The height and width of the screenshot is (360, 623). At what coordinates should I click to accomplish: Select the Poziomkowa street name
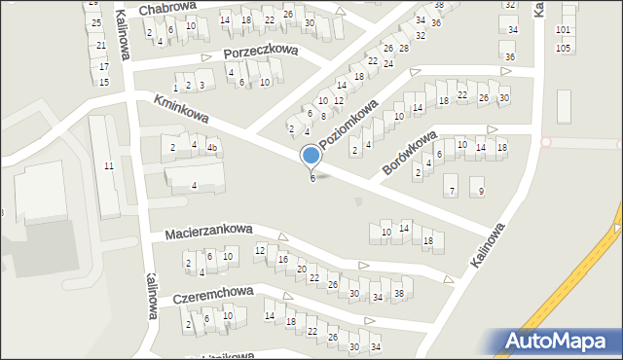tap(348, 125)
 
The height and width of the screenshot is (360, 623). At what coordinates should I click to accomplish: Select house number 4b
tap(211, 147)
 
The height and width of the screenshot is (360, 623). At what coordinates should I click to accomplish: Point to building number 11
tap(109, 166)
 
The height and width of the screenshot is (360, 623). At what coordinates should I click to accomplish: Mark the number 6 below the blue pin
tap(311, 178)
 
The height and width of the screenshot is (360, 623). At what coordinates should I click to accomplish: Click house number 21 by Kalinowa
tap(100, 46)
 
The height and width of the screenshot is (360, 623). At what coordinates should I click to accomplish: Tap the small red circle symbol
tap(545, 142)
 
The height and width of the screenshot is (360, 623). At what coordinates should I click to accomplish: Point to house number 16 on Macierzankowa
tap(282, 260)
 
